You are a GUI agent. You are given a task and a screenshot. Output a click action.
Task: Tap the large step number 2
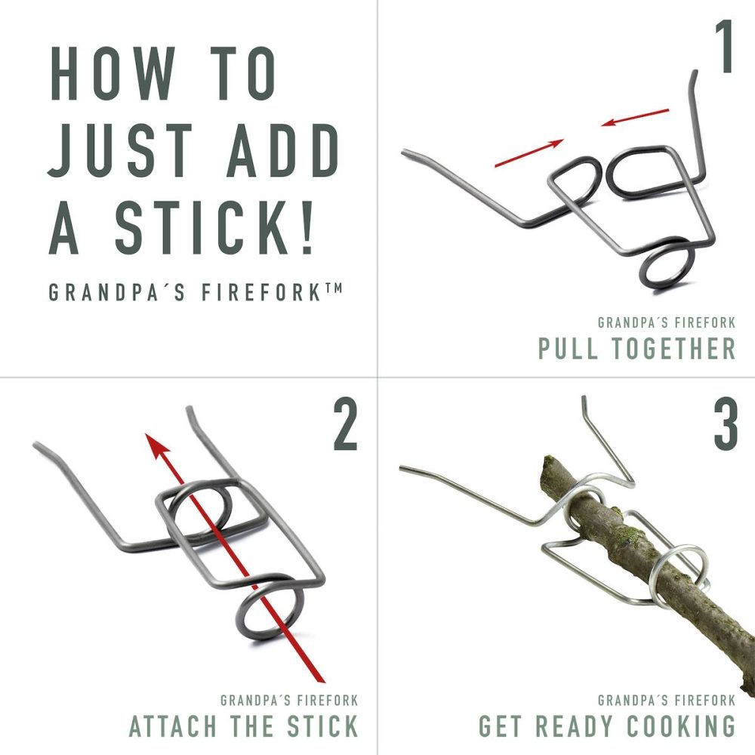point(345,428)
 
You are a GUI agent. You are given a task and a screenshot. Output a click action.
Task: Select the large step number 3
point(726,428)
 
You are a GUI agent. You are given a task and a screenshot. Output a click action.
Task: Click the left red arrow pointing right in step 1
point(529,152)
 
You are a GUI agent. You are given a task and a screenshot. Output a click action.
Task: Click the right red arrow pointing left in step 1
point(635,118)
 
